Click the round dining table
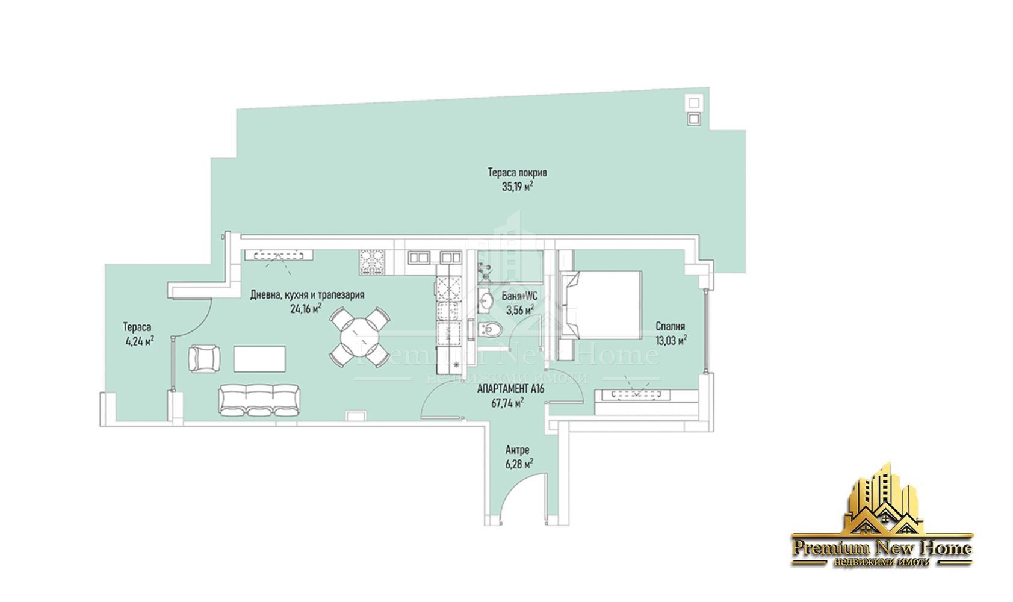click(360, 337)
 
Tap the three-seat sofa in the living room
click(259, 400)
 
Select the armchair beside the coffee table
click(205, 359)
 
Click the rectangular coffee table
click(259, 359)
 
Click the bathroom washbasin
click(486, 300)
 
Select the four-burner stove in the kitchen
click(372, 262)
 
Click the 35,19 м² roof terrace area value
click(518, 187)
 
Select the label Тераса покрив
click(518, 172)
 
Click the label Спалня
click(671, 326)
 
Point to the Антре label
click(518, 450)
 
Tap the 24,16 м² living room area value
click(306, 309)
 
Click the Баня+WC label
click(519, 296)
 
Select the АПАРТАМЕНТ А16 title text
click(510, 389)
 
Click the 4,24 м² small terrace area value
click(140, 341)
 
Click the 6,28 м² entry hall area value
click(519, 464)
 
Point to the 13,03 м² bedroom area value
click(672, 340)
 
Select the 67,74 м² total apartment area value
click(507, 403)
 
